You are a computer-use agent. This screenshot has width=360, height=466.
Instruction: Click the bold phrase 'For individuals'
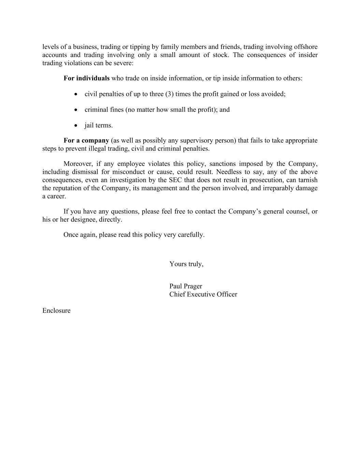click(x=86, y=78)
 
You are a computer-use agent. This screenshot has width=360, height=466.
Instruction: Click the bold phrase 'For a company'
click(x=86, y=140)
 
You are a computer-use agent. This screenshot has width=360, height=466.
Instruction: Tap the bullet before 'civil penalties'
click(x=76, y=94)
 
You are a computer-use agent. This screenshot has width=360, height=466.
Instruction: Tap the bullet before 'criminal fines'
click(x=76, y=110)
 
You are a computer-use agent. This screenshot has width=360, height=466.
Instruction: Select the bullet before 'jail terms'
click(x=76, y=126)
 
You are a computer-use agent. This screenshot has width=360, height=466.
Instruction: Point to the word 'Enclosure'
click(x=56, y=310)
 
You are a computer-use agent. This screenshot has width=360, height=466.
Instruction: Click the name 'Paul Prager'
click(x=186, y=286)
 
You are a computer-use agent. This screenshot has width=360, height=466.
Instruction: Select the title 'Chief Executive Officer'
click(x=203, y=294)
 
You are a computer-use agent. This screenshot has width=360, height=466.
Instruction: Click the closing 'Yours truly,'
click(x=186, y=264)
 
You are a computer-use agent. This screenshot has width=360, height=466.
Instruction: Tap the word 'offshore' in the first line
click(x=306, y=47)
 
